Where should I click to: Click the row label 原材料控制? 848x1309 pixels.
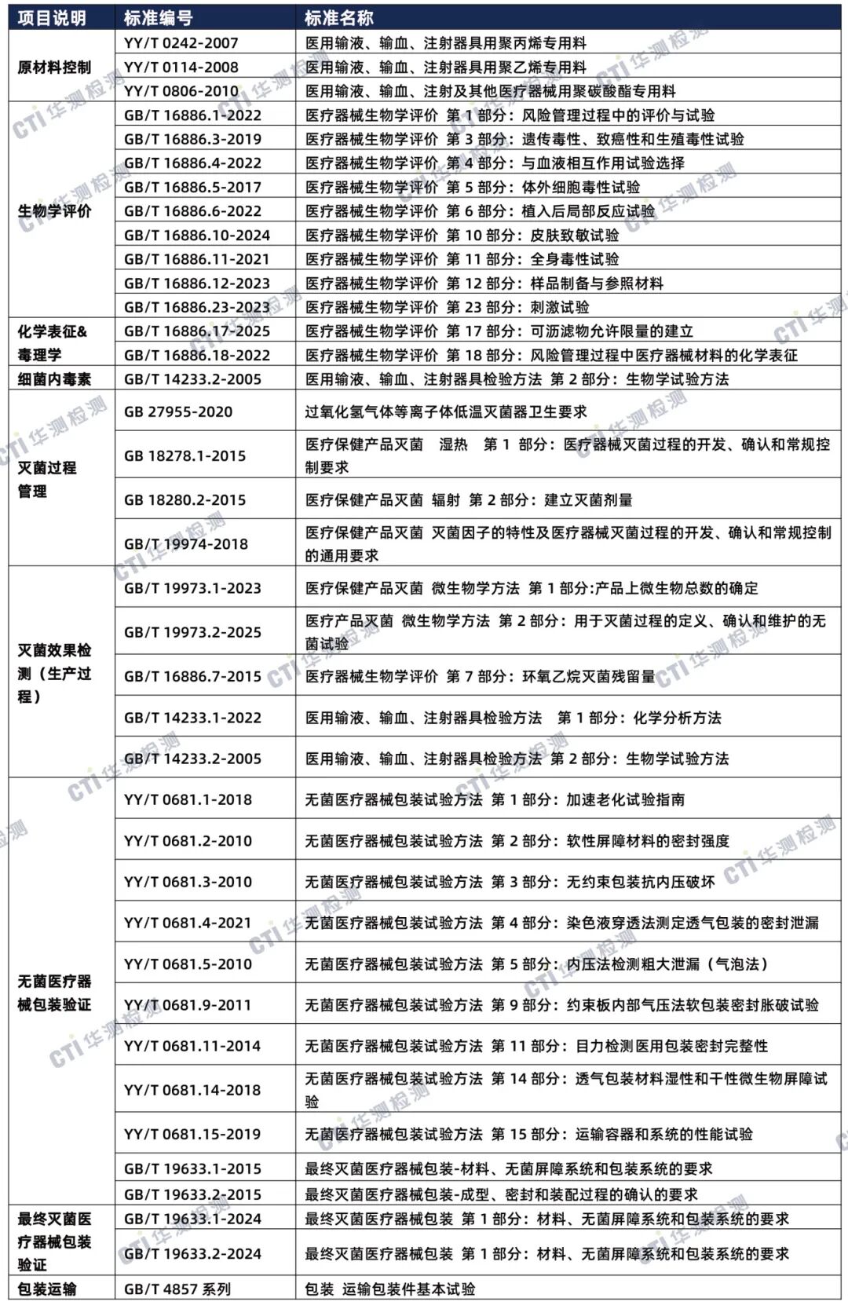point(54,68)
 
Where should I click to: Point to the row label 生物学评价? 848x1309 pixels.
point(54,211)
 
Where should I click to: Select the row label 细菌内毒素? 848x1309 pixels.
point(54,379)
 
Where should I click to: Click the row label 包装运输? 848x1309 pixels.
point(47,1289)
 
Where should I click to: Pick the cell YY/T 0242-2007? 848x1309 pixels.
point(181,43)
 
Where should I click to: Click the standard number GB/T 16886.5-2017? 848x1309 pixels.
point(192,187)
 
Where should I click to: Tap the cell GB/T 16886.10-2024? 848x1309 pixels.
point(196,235)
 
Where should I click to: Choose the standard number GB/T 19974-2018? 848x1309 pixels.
point(185,543)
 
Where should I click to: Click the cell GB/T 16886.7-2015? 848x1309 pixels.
point(192,676)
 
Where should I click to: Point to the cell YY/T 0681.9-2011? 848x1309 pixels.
point(188,1004)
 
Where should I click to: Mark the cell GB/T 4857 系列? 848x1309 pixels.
point(177,1289)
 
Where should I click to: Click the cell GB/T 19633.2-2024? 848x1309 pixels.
point(192,1253)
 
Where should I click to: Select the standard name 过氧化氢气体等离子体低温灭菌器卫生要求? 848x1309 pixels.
point(446,411)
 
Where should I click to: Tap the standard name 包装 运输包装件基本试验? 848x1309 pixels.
point(390,1289)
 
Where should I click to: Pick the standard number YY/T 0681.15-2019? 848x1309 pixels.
point(192,1134)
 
